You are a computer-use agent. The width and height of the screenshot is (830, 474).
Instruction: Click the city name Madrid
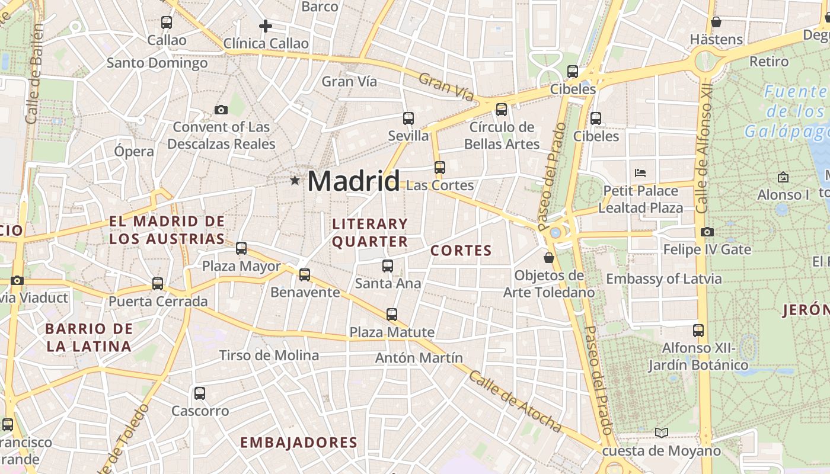click(353, 181)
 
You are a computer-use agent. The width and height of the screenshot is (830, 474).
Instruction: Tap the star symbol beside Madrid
click(295, 180)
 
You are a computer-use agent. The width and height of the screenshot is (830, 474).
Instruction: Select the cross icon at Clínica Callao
click(266, 26)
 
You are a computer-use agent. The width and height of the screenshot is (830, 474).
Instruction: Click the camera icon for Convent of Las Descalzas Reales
click(221, 110)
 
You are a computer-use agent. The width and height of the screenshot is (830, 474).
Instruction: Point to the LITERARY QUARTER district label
click(370, 232)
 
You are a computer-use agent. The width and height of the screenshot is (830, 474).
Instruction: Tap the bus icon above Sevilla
click(408, 118)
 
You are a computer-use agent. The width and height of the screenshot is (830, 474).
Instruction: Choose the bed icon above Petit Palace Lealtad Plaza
click(640, 173)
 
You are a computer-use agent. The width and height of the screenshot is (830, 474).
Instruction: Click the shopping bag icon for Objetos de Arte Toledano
click(549, 258)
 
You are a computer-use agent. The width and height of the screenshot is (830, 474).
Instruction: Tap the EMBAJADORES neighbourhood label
click(299, 443)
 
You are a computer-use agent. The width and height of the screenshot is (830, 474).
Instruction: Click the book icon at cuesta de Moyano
click(662, 433)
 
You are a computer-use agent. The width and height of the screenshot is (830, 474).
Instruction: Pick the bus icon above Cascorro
click(200, 393)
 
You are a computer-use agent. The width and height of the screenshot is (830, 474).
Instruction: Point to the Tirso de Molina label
click(269, 355)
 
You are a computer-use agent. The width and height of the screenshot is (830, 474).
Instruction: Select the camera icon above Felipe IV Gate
click(707, 232)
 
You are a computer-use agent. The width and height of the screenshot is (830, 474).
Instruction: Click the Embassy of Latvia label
click(664, 278)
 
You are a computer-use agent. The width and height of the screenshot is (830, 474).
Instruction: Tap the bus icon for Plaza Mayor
click(241, 248)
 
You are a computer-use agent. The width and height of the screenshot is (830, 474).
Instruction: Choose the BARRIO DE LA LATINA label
click(89, 338)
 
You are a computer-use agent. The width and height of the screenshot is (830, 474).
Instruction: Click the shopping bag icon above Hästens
click(716, 22)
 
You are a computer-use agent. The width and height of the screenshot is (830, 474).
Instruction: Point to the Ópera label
click(134, 151)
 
